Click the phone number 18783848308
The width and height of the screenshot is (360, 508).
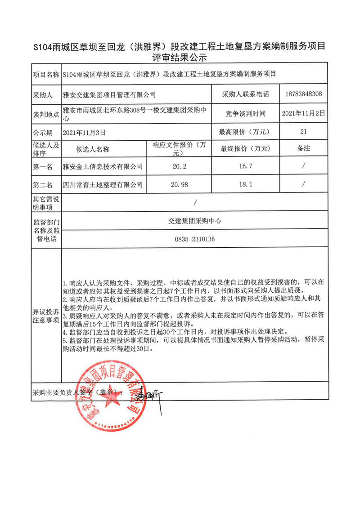tap(303, 94)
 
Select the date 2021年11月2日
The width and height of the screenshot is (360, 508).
tap(303, 114)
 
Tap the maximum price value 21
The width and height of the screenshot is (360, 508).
tap(303, 132)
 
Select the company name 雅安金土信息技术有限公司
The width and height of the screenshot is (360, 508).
tap(103, 166)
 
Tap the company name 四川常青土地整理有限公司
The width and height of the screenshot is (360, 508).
tap(103, 184)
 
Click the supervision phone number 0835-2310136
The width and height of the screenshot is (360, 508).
tap(194, 239)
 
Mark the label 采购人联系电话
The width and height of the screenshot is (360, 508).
tap(245, 95)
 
